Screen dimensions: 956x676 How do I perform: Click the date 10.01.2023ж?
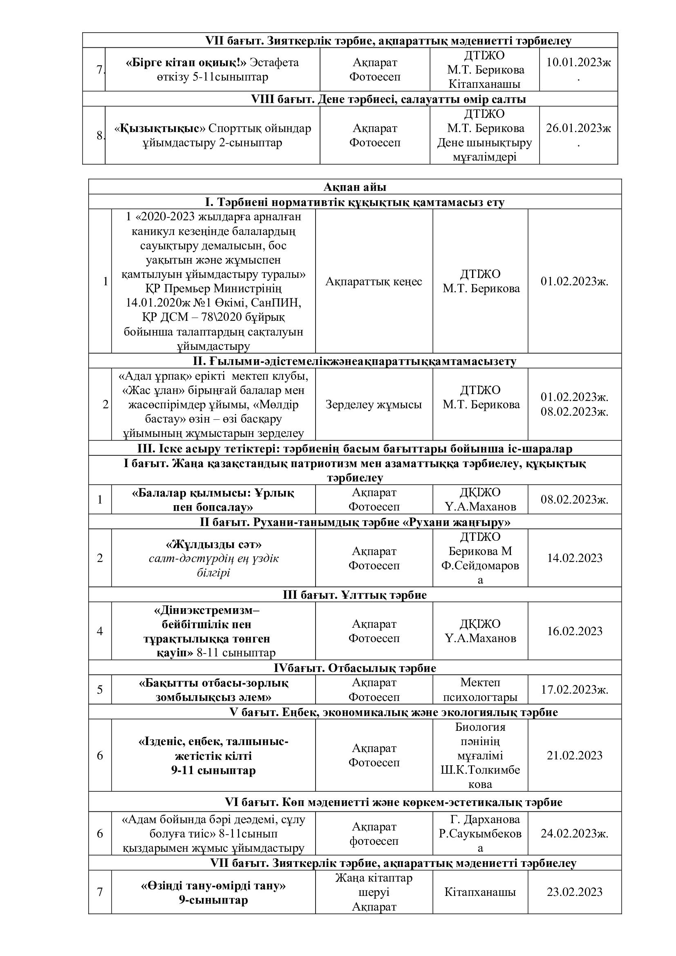pos(578,63)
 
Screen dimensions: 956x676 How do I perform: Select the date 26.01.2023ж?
pos(578,128)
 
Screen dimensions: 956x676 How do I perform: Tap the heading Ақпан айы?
pos(355,187)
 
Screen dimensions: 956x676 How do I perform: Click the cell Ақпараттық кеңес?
pos(374,282)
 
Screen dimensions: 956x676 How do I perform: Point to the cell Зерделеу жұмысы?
pos(374,404)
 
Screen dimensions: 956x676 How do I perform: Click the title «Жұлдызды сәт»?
pos(213,544)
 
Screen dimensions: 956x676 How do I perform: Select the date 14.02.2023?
pos(574,558)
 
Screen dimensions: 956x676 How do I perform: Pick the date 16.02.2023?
pos(574,631)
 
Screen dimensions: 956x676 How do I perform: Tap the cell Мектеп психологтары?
pos(480,690)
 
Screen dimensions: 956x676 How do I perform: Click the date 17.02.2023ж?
pos(574,690)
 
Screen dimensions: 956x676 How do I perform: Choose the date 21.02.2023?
pos(574,755)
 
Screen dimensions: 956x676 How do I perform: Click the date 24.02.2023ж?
pos(574,833)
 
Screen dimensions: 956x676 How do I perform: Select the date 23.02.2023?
pos(574,892)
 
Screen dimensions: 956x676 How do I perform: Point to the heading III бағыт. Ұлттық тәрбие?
pos(355,595)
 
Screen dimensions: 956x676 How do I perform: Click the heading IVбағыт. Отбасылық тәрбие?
pos(355,668)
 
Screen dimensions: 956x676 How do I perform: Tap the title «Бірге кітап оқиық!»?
pos(186,63)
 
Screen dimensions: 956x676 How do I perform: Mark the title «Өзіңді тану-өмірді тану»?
pos(213,885)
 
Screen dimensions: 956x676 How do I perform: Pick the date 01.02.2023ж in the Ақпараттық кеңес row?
pos(574,282)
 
